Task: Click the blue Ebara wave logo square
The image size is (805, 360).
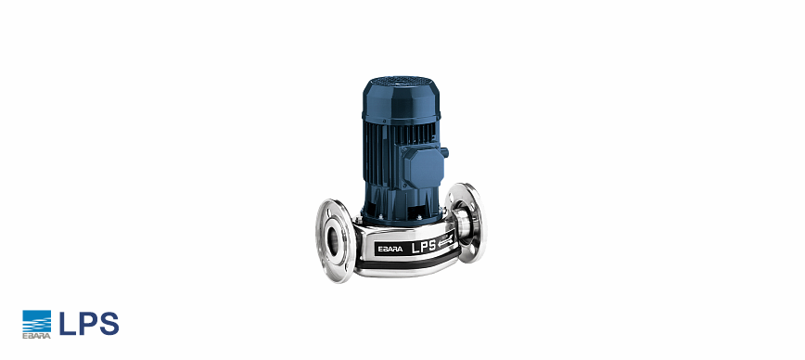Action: (36, 321)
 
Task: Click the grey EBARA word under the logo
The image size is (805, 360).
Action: (36, 336)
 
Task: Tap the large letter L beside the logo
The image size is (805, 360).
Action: (67, 324)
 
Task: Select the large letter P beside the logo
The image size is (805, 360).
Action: (86, 324)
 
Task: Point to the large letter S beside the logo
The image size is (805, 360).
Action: (109, 324)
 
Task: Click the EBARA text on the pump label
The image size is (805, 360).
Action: (390, 249)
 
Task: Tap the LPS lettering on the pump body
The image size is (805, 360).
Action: (424, 246)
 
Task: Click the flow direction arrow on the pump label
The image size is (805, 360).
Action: (445, 238)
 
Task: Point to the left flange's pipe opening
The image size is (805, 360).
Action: (333, 241)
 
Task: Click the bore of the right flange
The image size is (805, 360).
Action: (463, 221)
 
